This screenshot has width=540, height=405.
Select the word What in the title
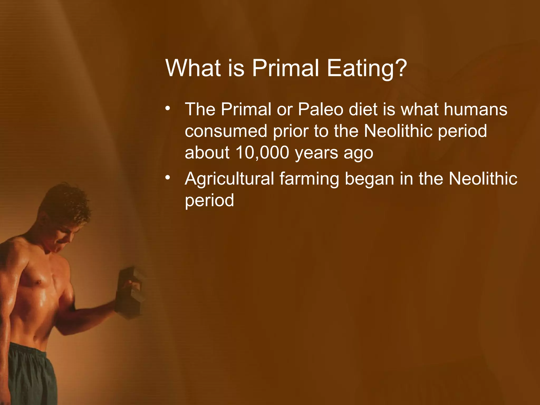click(x=193, y=68)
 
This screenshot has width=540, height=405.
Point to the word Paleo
click(x=320, y=109)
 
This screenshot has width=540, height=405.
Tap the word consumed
click(x=226, y=131)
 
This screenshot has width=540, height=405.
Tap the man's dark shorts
click(x=29, y=374)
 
